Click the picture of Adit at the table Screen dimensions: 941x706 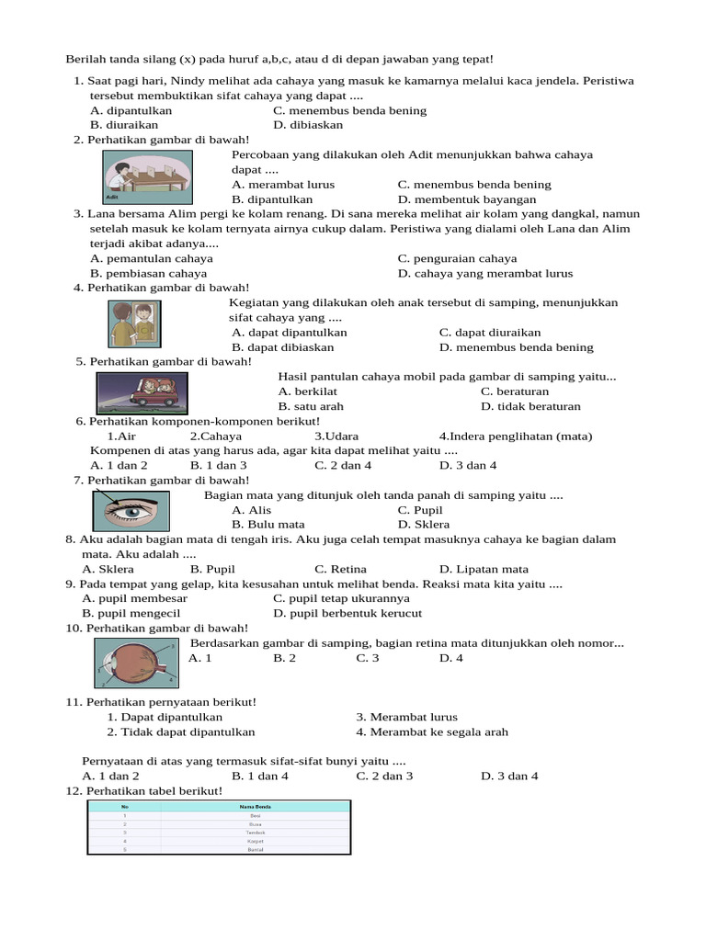[x=147, y=176]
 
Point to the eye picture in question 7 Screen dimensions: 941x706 [x=131, y=510]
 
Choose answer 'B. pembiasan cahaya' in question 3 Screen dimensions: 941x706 [x=148, y=273]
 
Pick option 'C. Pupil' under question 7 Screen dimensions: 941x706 [x=420, y=510]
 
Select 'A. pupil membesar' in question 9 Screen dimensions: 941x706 [x=128, y=598]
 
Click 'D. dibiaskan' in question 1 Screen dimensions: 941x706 [x=308, y=125]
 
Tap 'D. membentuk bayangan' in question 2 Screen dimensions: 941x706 [x=467, y=199]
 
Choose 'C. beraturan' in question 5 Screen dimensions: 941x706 [x=515, y=391]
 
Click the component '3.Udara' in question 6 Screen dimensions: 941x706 [x=336, y=436]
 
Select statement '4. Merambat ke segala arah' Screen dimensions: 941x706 [x=432, y=732]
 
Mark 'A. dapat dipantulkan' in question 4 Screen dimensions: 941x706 [x=290, y=333]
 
